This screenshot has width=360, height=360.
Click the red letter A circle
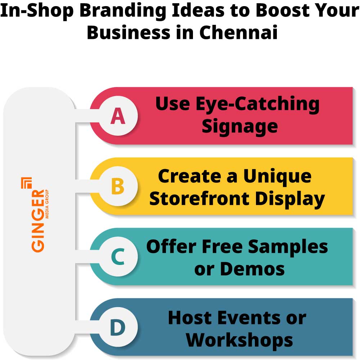(x=118, y=116)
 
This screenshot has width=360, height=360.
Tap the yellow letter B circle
(x=118, y=186)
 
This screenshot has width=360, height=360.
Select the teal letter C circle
(x=118, y=257)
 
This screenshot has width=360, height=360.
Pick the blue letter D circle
(x=118, y=328)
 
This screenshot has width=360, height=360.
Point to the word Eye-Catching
(x=257, y=104)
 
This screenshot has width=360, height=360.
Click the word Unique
(x=277, y=176)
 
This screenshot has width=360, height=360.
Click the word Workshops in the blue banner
(x=239, y=339)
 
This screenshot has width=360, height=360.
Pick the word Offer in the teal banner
(x=171, y=247)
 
